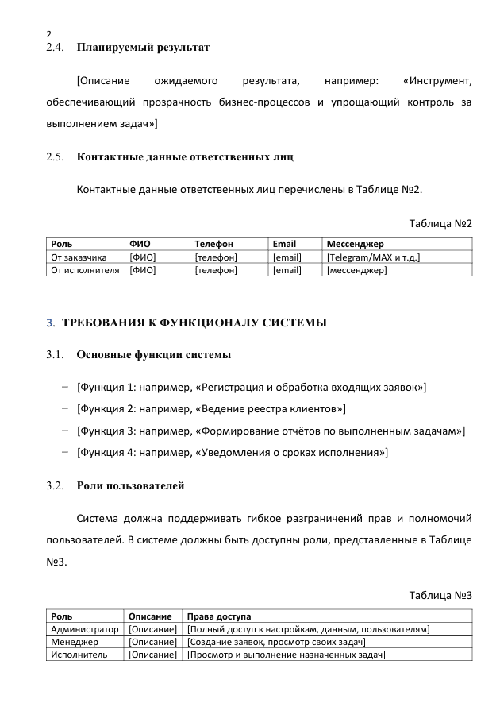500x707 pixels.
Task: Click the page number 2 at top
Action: click(49, 34)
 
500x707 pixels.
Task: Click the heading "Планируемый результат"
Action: click(143, 48)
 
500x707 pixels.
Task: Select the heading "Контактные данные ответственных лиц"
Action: click(185, 156)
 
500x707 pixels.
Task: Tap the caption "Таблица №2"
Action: click(440, 223)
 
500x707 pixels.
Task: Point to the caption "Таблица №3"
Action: click(440, 595)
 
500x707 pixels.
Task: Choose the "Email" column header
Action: click(284, 244)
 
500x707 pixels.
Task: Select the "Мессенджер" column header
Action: click(355, 244)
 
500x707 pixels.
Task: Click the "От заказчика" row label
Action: click(79, 257)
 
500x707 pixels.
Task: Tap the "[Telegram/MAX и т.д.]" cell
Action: click(373, 257)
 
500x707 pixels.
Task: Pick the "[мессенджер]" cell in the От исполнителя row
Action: click(356, 270)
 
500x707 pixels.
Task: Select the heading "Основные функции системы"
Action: click(154, 354)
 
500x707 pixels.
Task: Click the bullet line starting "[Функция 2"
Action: click(211, 408)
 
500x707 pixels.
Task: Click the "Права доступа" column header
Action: click(218, 616)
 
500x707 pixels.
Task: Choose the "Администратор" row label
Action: click(84, 629)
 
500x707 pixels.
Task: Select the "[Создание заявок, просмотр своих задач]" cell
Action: click(275, 642)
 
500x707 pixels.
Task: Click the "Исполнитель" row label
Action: click(79, 655)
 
